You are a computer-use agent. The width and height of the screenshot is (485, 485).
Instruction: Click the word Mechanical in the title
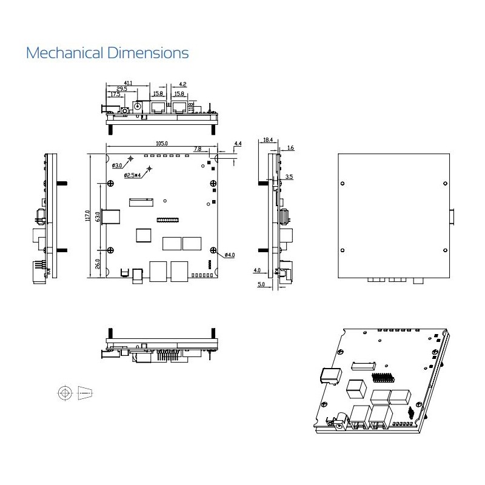click(65, 53)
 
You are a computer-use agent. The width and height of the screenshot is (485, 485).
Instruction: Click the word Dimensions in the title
click(148, 53)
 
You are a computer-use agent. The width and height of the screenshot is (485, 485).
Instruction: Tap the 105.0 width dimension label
click(162, 144)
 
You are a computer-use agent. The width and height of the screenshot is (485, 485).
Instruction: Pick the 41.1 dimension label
click(129, 82)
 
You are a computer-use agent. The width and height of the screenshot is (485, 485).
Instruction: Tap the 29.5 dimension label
click(121, 89)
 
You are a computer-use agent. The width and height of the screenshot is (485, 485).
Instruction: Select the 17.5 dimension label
click(115, 94)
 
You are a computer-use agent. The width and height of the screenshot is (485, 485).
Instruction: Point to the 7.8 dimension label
click(198, 149)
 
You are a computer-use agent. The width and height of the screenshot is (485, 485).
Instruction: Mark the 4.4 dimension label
click(238, 144)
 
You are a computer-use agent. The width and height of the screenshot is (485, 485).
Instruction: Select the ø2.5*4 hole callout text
click(132, 175)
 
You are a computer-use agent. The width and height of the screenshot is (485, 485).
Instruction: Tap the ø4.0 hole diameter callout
click(230, 255)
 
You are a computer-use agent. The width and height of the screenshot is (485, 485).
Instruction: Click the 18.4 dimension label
click(268, 140)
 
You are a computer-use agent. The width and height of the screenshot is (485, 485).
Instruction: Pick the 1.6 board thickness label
click(290, 147)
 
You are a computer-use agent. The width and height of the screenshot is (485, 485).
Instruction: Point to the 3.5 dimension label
click(289, 176)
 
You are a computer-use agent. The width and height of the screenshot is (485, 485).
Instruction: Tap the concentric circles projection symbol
click(64, 393)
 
